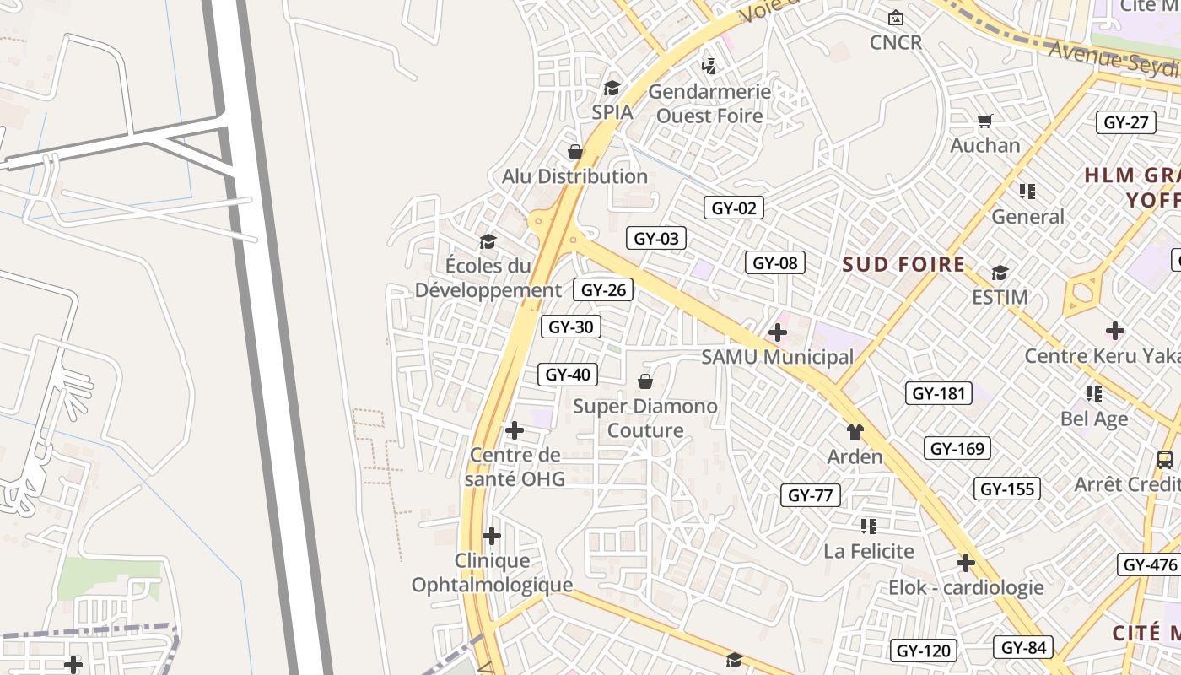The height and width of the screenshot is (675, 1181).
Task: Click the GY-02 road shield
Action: pos(734,208)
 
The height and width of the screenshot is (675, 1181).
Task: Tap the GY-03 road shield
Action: pos(656,238)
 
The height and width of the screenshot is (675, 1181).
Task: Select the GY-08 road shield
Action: pos(774,262)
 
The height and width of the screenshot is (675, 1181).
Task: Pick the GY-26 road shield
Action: pos(604,289)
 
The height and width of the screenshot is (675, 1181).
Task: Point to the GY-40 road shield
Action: pos(568,374)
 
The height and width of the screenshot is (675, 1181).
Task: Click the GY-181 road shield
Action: pos(938,392)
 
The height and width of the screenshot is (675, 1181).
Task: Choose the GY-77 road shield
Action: pos(810,494)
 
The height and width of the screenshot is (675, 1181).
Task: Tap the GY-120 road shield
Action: pos(923,651)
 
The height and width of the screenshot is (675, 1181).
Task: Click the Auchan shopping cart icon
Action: pos(984,121)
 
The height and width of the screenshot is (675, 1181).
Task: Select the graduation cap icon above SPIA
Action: pos(612,88)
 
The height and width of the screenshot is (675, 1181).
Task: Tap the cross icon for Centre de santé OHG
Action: pos(514,431)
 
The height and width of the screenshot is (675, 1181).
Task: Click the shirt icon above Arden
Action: pos(855,432)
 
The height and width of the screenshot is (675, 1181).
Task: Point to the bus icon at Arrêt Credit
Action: pos(1165,460)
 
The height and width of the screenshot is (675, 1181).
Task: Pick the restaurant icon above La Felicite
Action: pos(869,526)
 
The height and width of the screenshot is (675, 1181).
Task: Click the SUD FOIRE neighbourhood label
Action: pos(903,264)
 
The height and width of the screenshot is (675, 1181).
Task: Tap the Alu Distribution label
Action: pos(574,176)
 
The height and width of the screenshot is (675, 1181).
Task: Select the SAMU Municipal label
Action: pos(778,357)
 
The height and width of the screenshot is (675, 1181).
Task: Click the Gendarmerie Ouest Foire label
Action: pos(709,103)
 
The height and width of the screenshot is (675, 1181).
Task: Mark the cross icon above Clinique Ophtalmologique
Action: pos(492,536)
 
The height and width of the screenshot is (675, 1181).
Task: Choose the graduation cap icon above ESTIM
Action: pos(1000,273)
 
